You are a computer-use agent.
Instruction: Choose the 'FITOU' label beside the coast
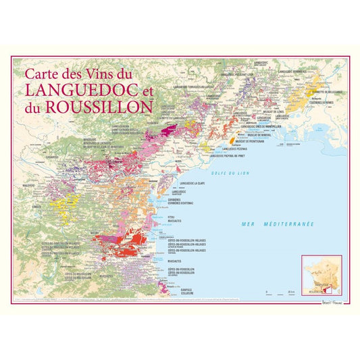pyautogui.click(x=181, y=215)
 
